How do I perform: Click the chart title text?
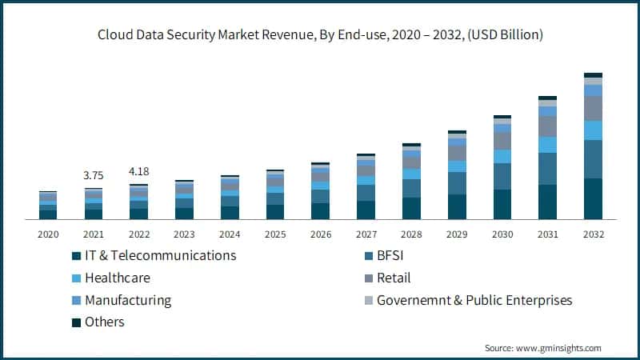(320, 34)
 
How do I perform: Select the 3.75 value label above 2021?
(94, 175)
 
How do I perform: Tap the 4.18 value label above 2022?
(138, 171)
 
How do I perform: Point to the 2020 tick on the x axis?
(48, 235)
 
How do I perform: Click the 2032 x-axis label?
(593, 235)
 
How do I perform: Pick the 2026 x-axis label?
(320, 235)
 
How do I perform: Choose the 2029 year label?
(457, 235)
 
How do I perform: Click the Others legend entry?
(105, 322)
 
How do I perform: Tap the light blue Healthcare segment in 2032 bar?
(593, 130)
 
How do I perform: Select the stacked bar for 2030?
(502, 168)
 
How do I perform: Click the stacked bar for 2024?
(230, 198)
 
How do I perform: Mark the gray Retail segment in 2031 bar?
(547, 126)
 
